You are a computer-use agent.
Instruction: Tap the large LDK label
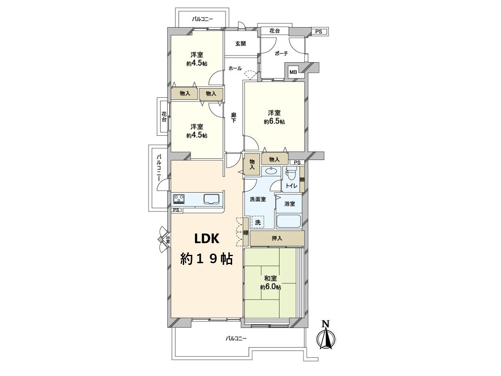pyautogui.click(x=206, y=239)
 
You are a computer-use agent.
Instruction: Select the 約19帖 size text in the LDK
pyautogui.click(x=206, y=259)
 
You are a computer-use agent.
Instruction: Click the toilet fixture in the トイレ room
pyautogui.click(x=291, y=173)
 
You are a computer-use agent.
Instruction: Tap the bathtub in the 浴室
pyautogui.click(x=289, y=221)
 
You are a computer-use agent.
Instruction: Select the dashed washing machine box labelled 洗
pyautogui.click(x=258, y=222)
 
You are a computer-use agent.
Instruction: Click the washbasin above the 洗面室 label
pyautogui.click(x=271, y=171)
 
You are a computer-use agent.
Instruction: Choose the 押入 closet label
pyautogui.click(x=277, y=239)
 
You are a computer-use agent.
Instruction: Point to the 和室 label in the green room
pyautogui.click(x=270, y=278)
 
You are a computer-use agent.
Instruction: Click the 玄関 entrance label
pyautogui.click(x=240, y=43)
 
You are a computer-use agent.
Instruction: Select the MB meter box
pyautogui.click(x=294, y=72)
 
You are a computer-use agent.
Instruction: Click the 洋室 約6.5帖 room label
pyautogui.click(x=274, y=117)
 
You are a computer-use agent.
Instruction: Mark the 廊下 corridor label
pyautogui.click(x=234, y=118)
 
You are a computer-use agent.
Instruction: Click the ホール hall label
pyautogui.click(x=235, y=68)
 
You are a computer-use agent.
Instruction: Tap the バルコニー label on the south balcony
pyautogui.click(x=236, y=338)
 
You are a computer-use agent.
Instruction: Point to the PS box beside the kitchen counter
pyautogui.click(x=177, y=210)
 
